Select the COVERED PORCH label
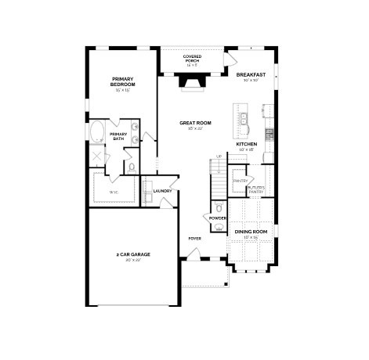point(192,59)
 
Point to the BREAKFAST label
point(250,75)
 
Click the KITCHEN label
point(247,144)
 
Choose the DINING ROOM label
point(251,232)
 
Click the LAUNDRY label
point(162,190)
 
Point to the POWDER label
point(218,218)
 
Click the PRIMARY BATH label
point(118,136)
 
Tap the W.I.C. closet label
point(113,191)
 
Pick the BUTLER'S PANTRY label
point(255,189)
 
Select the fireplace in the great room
point(191,81)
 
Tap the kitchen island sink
point(244,119)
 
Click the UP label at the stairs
point(219,157)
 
